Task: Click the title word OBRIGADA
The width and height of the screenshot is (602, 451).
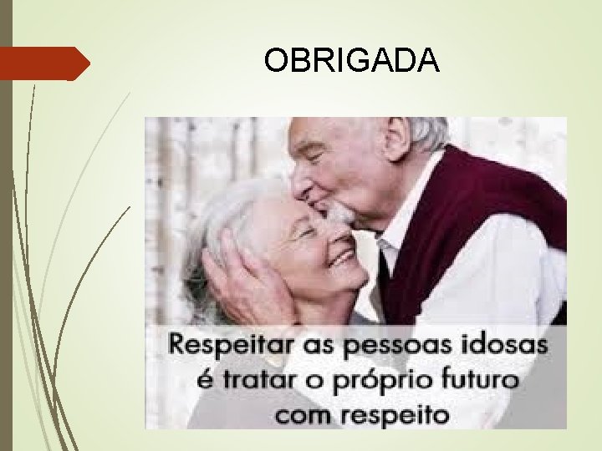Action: [x=350, y=60]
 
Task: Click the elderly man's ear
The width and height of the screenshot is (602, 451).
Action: [x=399, y=137]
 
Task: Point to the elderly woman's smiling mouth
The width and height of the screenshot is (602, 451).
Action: [x=341, y=256]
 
